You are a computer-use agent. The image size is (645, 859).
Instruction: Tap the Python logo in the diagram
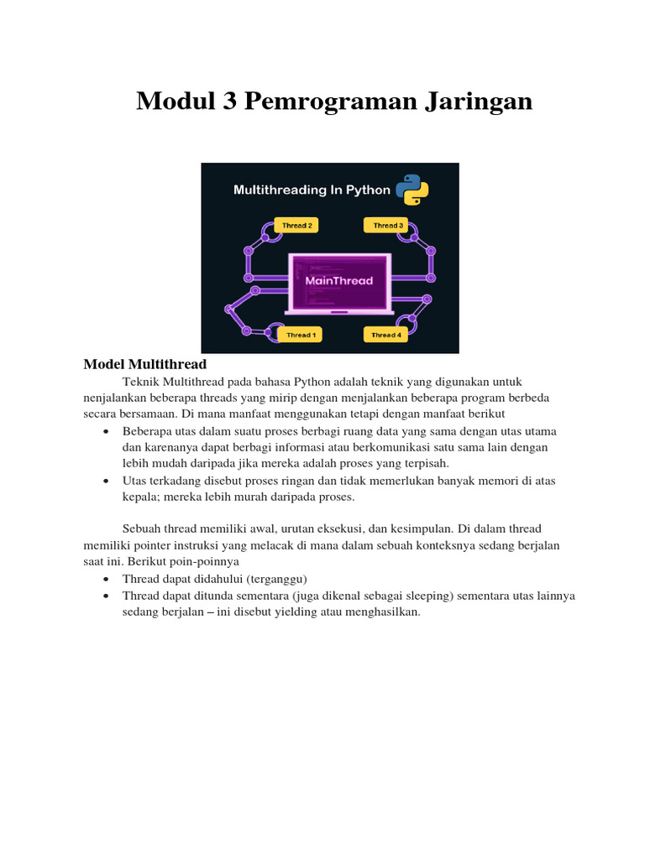pyautogui.click(x=412, y=190)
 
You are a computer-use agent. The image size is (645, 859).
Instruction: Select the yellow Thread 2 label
pyautogui.click(x=296, y=226)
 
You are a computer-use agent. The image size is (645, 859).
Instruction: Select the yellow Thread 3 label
pyautogui.click(x=386, y=226)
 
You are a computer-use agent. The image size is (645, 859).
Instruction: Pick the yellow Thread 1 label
pyautogui.click(x=300, y=335)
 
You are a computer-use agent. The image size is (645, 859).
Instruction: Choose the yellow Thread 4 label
pyautogui.click(x=385, y=335)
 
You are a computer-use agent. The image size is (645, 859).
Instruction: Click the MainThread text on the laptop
pyautogui.click(x=338, y=281)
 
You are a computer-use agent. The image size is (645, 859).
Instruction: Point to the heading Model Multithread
pyautogui.click(x=144, y=364)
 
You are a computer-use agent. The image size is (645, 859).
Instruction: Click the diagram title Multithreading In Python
pyautogui.click(x=312, y=190)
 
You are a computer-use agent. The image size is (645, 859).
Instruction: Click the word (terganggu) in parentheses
pyautogui.click(x=277, y=580)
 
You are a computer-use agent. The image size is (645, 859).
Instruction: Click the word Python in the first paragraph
pyautogui.click(x=312, y=382)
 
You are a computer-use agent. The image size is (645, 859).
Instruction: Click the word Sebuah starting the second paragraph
pyautogui.click(x=143, y=529)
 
